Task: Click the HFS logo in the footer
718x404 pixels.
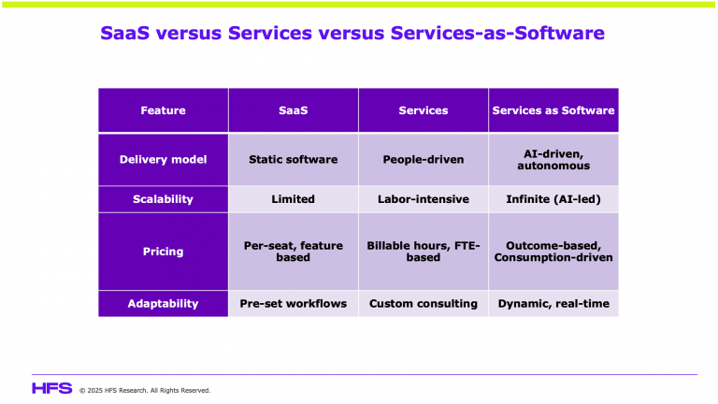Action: click(51, 388)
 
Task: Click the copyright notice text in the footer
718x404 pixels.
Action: click(145, 390)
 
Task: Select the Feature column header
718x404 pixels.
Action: click(163, 110)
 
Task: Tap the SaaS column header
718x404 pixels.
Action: click(293, 110)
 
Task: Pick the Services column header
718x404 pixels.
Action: click(423, 110)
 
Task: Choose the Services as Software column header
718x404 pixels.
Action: click(553, 110)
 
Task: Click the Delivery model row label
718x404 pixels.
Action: click(163, 159)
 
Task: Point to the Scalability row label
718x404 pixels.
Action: click(163, 199)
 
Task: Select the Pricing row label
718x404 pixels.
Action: click(163, 252)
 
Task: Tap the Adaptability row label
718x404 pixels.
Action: click(163, 304)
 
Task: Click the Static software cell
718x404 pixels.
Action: click(293, 159)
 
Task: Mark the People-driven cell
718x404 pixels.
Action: click(423, 159)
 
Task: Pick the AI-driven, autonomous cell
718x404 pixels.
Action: click(553, 159)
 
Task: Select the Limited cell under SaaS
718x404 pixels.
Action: click(293, 199)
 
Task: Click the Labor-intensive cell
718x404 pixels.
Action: click(423, 199)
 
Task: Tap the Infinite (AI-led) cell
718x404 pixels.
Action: click(553, 199)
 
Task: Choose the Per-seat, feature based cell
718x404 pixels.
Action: click(293, 252)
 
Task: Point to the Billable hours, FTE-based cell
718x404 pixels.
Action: click(423, 252)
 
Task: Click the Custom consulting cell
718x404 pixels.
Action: click(423, 304)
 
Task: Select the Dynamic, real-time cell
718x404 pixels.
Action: click(553, 304)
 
